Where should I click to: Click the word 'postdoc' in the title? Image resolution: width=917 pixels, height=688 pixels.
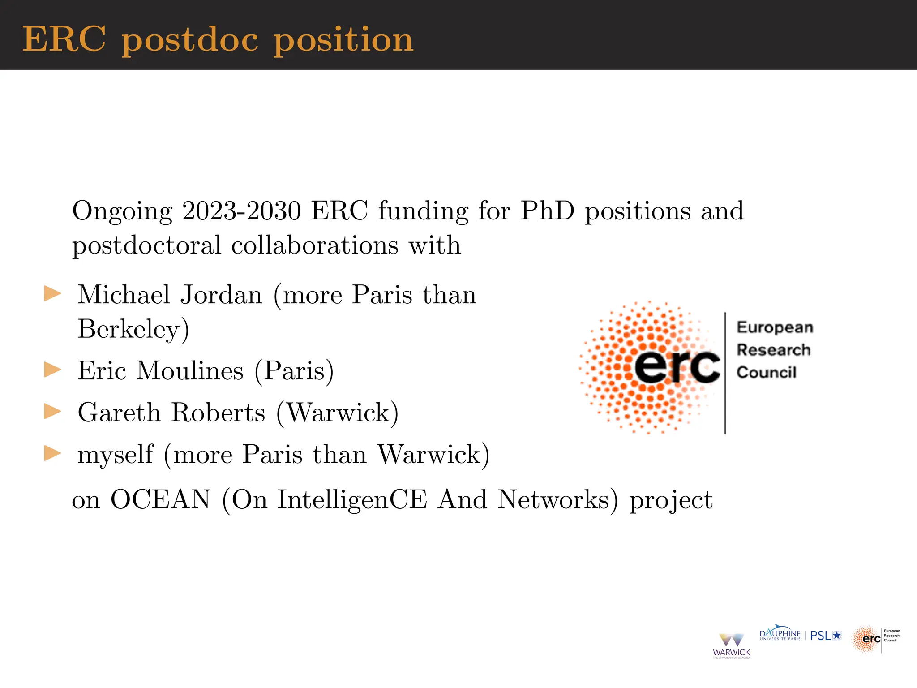tap(190, 40)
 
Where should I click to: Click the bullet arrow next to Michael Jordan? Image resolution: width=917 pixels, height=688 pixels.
tap(52, 294)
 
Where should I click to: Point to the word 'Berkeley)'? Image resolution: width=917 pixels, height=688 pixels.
tap(133, 330)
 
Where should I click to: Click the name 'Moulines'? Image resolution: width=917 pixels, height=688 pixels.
tap(190, 371)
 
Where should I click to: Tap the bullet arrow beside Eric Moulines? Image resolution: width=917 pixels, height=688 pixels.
tap(52, 370)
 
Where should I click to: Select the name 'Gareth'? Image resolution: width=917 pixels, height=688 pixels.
tap(119, 413)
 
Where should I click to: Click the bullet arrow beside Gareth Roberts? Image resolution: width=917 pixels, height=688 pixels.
tap(52, 412)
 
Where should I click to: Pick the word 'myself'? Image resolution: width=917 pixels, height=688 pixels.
tap(116, 455)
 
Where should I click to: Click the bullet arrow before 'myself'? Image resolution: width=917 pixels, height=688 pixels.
tap(52, 453)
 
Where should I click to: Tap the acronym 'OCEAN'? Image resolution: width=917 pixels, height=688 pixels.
tap(160, 499)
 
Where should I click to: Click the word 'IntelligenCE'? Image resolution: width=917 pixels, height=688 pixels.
tap(352, 499)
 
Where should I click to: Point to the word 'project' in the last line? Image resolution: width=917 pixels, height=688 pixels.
tap(671, 500)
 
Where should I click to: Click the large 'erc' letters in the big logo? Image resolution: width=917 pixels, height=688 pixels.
tap(677, 366)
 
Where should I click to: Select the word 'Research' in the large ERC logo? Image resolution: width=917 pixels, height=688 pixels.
tap(774, 350)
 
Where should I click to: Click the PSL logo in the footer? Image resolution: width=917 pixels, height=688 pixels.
tap(826, 636)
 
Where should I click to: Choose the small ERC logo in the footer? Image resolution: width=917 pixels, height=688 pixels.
tap(875, 639)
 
